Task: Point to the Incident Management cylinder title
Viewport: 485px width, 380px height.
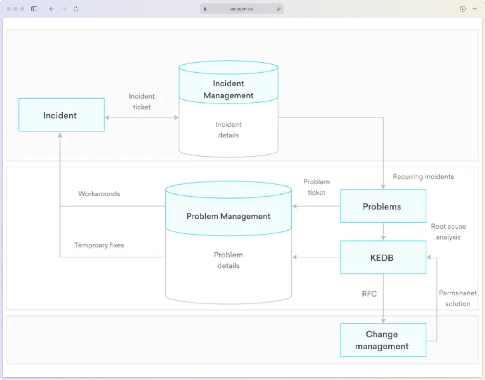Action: [x=228, y=89]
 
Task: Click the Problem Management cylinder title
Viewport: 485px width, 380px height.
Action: [x=228, y=216]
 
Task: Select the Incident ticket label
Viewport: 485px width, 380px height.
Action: [x=142, y=101]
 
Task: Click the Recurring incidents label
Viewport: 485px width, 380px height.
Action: [x=423, y=177]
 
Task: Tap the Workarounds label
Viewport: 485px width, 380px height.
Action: [x=99, y=194]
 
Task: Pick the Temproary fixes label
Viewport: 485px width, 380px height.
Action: [x=99, y=245]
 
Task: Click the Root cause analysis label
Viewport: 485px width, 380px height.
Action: [x=448, y=232]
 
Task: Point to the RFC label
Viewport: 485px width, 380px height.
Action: [x=369, y=294]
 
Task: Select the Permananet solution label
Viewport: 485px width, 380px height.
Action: [x=458, y=298]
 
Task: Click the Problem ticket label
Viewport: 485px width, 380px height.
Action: [x=317, y=187]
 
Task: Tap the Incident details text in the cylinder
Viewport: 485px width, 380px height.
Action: [x=228, y=130]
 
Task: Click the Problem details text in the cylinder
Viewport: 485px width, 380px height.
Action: [x=228, y=260]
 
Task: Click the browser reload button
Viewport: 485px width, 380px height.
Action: [x=76, y=9]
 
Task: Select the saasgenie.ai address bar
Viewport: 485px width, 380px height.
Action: [x=242, y=9]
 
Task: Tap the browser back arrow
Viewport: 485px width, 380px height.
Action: [x=52, y=9]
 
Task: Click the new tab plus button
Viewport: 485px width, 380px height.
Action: [x=475, y=9]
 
